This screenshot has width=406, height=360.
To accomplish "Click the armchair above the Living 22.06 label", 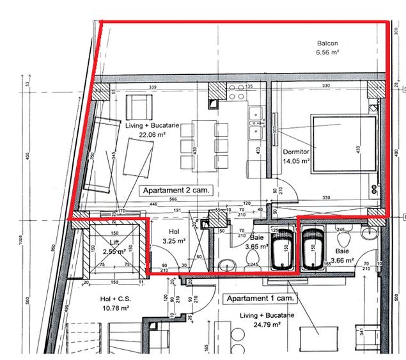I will (x=138, y=105).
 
